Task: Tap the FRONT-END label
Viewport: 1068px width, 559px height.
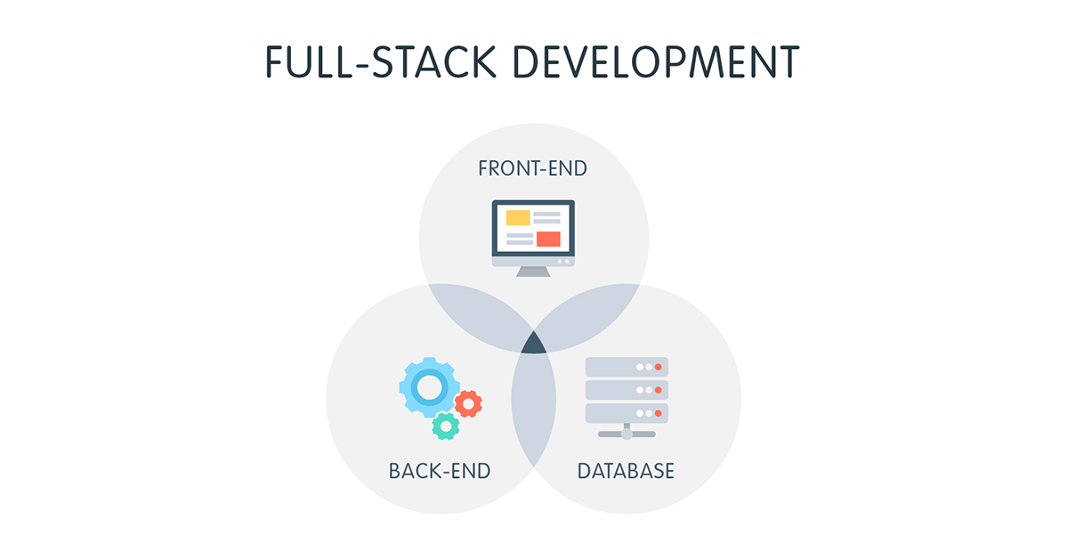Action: (x=532, y=168)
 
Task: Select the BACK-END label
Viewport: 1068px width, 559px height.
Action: (x=440, y=471)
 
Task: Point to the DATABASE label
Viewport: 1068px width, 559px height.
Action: (x=626, y=471)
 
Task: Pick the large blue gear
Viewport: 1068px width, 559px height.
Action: (x=429, y=387)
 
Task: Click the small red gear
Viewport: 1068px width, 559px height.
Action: (x=468, y=404)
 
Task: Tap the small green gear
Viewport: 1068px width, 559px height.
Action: (x=445, y=426)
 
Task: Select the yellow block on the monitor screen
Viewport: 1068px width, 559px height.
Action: (x=517, y=217)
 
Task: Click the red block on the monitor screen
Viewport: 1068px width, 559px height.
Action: (x=548, y=239)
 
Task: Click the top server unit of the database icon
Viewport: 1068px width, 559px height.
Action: (x=626, y=367)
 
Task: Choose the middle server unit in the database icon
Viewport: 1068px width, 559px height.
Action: (x=626, y=390)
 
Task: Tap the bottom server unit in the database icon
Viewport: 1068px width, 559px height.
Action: (x=626, y=413)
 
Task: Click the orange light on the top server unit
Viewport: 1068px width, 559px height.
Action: (x=659, y=367)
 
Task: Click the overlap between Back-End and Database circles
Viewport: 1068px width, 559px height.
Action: (x=533, y=409)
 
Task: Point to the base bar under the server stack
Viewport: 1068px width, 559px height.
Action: (x=626, y=433)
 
